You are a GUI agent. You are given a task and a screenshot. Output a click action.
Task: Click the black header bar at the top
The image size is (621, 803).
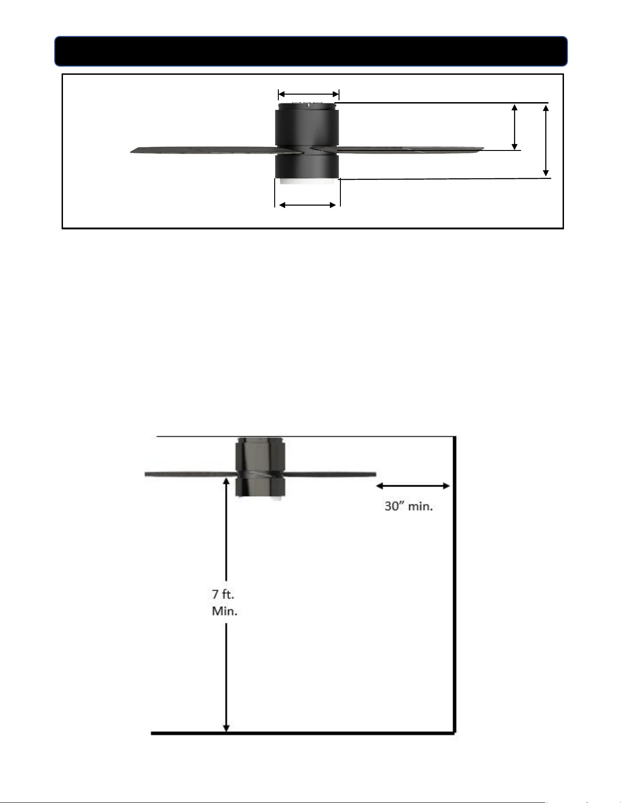click(311, 51)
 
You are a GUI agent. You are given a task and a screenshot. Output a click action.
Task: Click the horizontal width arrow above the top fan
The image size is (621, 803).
click(308, 94)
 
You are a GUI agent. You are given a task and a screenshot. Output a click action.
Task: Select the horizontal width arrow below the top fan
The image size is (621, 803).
click(308, 205)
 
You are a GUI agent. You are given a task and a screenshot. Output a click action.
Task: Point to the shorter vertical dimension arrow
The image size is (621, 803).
click(515, 127)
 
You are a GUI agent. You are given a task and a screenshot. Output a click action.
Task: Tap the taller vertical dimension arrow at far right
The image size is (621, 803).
click(546, 140)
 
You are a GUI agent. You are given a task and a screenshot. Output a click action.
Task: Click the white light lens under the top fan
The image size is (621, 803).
click(308, 181)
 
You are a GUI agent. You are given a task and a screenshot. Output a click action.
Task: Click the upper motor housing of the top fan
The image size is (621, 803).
click(307, 125)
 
